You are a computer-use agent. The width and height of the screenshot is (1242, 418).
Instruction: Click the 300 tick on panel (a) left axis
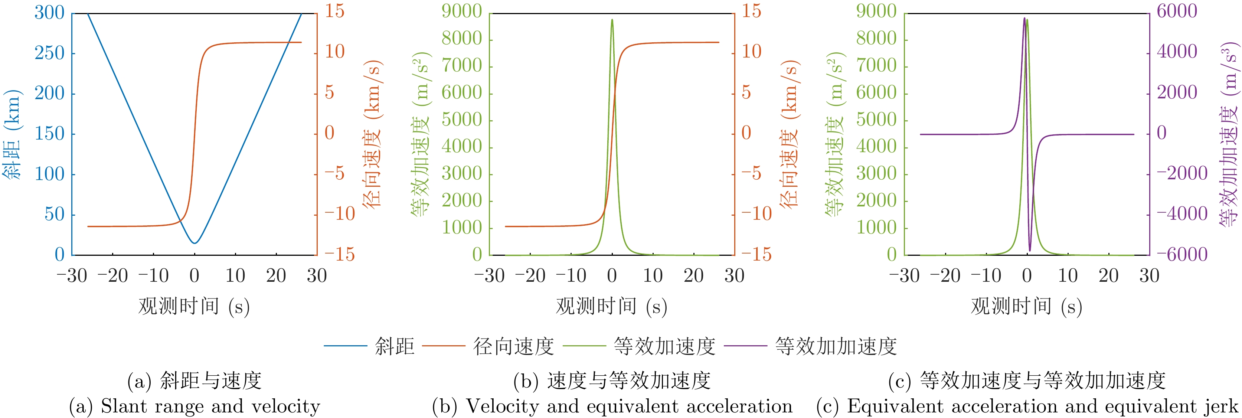click(49, 13)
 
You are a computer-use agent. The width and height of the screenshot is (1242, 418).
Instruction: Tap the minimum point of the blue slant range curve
click(194, 243)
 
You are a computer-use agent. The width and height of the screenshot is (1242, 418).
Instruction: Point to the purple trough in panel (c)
click(1030, 251)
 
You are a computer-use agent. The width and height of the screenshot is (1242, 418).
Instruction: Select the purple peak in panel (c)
click(1024, 18)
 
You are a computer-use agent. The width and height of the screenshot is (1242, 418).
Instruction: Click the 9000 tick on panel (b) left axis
click(462, 11)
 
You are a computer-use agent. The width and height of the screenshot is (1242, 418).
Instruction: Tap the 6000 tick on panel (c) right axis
click(1177, 11)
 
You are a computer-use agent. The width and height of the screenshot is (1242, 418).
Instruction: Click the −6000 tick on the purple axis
click(1182, 254)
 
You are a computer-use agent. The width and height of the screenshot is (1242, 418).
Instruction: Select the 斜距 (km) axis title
click(12, 134)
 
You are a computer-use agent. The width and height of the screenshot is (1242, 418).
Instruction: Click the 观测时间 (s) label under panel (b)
click(611, 306)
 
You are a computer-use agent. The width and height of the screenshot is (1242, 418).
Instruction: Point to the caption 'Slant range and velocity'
click(210, 406)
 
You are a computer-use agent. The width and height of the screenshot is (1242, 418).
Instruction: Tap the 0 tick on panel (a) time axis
click(194, 276)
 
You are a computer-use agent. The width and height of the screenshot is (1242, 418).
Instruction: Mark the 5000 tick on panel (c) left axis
click(876, 120)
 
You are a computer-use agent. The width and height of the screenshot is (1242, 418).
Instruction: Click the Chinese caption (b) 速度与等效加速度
click(612, 381)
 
